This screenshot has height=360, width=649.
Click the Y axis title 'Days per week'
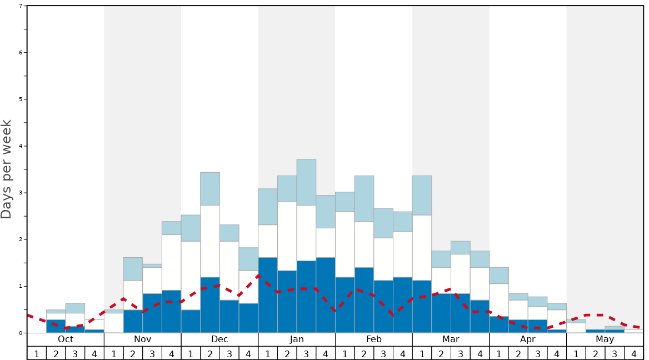[x=7, y=169]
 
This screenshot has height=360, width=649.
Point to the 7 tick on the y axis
[x=21, y=6]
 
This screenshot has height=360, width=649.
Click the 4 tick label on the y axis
[x=21, y=146]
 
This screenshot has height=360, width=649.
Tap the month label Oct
[x=66, y=339]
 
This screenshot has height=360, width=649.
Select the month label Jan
[x=297, y=339]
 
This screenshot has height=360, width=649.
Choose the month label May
[x=605, y=339]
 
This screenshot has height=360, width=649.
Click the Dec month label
[x=219, y=339]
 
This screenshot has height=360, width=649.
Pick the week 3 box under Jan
[x=306, y=353]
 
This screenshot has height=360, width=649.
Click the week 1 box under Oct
[x=37, y=353]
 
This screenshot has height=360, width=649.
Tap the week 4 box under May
[x=634, y=353]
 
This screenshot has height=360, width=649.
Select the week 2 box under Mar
[x=441, y=353]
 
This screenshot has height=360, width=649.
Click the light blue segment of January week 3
[x=306, y=182]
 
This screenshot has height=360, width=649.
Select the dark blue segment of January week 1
[x=268, y=295]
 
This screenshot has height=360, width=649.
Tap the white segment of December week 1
[x=191, y=276]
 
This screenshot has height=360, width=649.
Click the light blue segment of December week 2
[x=210, y=189]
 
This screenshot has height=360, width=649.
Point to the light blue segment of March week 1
[x=422, y=196]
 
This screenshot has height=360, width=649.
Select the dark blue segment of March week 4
[x=480, y=317]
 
